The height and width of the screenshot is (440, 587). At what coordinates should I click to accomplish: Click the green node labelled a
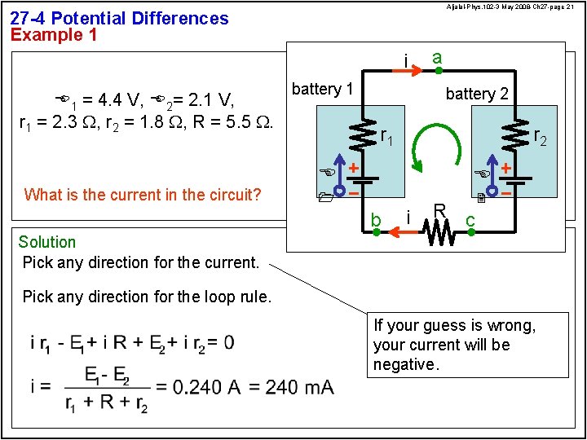coord(422,71)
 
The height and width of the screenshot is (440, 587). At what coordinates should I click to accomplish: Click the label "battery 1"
coord(322,89)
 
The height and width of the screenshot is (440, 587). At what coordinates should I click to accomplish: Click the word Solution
coord(47,242)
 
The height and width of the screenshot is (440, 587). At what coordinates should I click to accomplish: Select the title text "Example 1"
coord(54,35)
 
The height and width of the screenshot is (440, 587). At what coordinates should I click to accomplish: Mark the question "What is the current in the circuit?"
coord(143,194)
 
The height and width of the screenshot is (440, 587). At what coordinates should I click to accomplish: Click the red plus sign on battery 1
coord(354,167)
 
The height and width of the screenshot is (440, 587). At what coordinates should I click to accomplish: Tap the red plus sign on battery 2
coord(506,167)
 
